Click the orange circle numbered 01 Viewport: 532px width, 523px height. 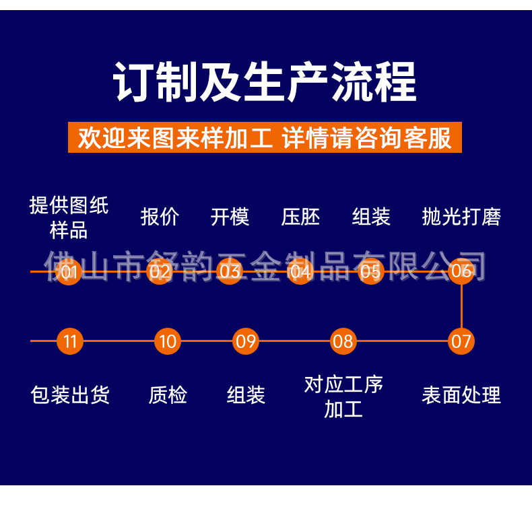69,271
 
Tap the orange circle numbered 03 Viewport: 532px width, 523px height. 230,271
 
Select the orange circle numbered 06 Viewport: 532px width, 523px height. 461,271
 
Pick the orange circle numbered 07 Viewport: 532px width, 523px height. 461,341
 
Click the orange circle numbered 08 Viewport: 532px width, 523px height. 343,341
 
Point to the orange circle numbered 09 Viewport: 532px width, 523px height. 246,341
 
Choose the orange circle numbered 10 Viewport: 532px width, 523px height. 167,341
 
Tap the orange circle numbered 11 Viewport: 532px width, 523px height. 70,341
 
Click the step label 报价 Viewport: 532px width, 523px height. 160,217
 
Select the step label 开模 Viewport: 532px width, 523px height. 230,217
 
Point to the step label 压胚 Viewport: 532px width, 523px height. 300,217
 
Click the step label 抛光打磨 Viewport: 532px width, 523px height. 461,217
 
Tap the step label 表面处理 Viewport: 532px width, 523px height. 461,395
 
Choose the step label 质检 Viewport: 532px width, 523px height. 167,395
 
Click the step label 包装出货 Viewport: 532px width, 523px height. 70,395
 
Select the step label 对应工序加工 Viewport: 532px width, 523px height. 343,396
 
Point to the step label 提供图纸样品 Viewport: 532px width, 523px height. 69,217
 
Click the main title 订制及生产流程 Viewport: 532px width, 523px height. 265,82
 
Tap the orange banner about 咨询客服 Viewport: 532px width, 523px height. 265,137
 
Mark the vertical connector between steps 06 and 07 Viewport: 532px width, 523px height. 461,306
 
